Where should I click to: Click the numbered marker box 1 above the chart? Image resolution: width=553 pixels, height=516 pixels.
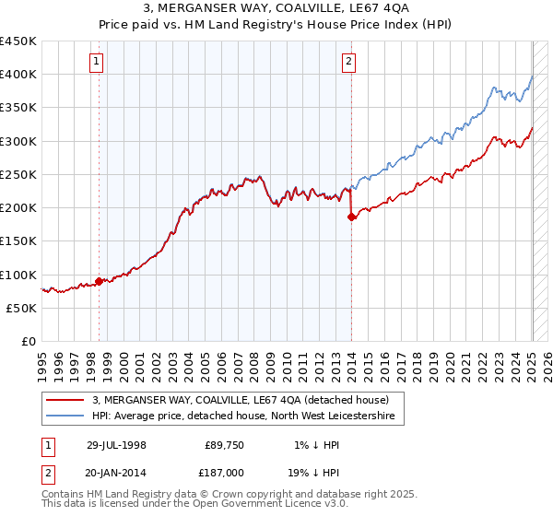click(x=97, y=63)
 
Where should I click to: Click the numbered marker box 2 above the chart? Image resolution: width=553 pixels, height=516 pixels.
click(x=349, y=63)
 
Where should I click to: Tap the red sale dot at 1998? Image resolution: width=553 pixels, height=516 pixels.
click(x=100, y=281)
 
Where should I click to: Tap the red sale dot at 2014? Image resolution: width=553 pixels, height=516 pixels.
click(x=351, y=217)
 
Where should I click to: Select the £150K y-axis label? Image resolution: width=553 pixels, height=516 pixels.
click(x=18, y=241)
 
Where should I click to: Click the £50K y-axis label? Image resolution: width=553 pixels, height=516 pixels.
click(x=22, y=309)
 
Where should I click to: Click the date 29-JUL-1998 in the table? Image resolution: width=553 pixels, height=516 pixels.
click(x=116, y=444)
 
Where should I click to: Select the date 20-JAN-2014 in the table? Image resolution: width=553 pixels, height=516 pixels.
click(x=116, y=472)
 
